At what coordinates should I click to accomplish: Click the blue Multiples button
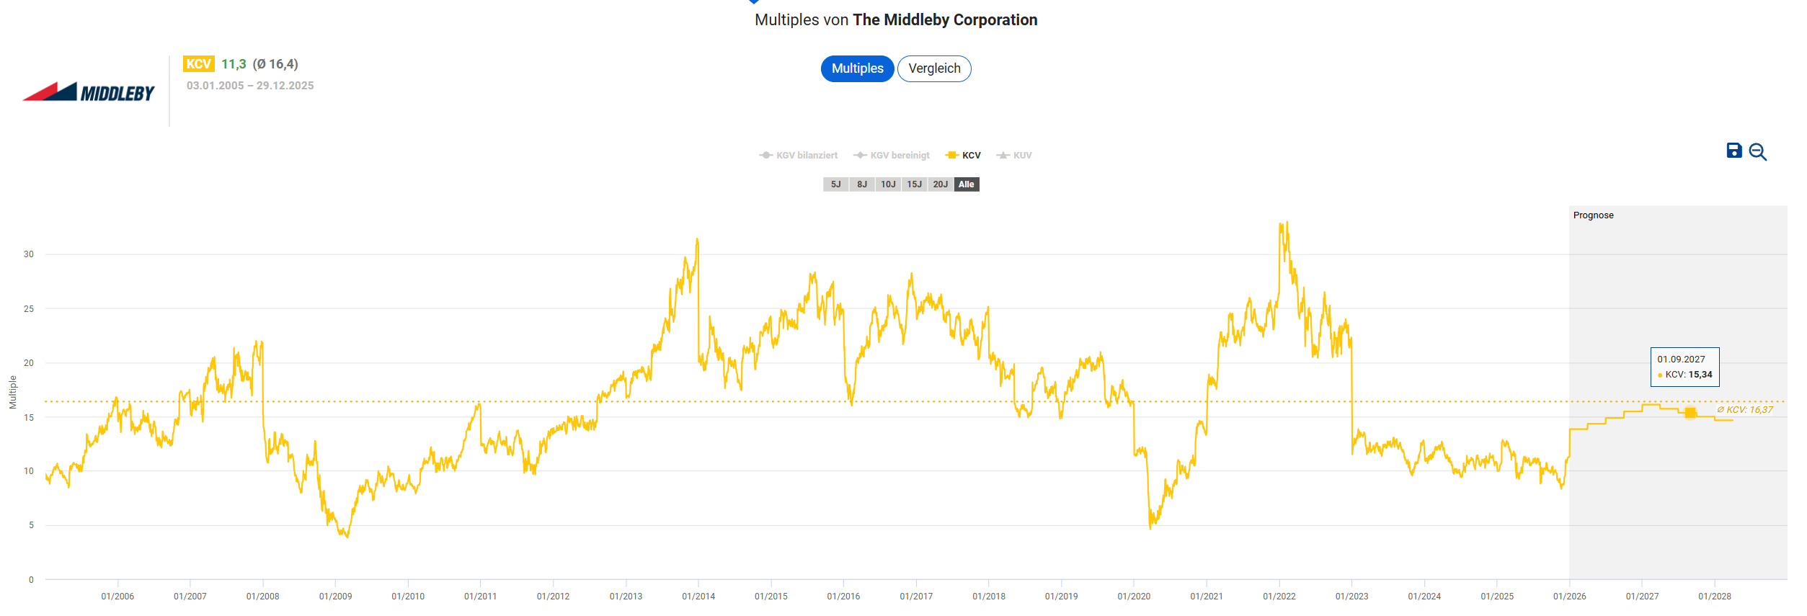click(x=857, y=68)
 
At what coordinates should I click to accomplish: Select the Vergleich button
click(x=934, y=68)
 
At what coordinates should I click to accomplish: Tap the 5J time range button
click(x=835, y=184)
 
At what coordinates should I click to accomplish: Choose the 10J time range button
click(x=888, y=184)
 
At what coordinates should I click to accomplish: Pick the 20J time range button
click(x=940, y=184)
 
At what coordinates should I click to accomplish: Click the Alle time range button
click(x=967, y=184)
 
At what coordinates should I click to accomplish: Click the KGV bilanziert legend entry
click(x=799, y=156)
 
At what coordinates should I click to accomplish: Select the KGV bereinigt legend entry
click(x=892, y=156)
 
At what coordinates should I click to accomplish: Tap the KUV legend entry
click(x=1015, y=156)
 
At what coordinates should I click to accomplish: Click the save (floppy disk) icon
click(x=1734, y=151)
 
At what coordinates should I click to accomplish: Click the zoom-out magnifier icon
click(x=1758, y=152)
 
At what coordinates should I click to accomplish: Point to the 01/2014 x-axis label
click(x=698, y=597)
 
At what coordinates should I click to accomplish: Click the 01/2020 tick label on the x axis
click(x=1134, y=597)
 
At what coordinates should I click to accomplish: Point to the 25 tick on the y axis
click(x=29, y=309)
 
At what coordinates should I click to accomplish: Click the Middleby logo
click(x=89, y=91)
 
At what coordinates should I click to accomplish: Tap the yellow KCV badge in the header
click(x=198, y=64)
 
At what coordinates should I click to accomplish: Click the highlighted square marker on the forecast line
click(x=1690, y=413)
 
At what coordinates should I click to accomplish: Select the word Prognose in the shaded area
click(x=1593, y=215)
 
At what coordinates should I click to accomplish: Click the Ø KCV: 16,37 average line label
click(x=1744, y=410)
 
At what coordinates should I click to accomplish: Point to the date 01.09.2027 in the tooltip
click(x=1681, y=360)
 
